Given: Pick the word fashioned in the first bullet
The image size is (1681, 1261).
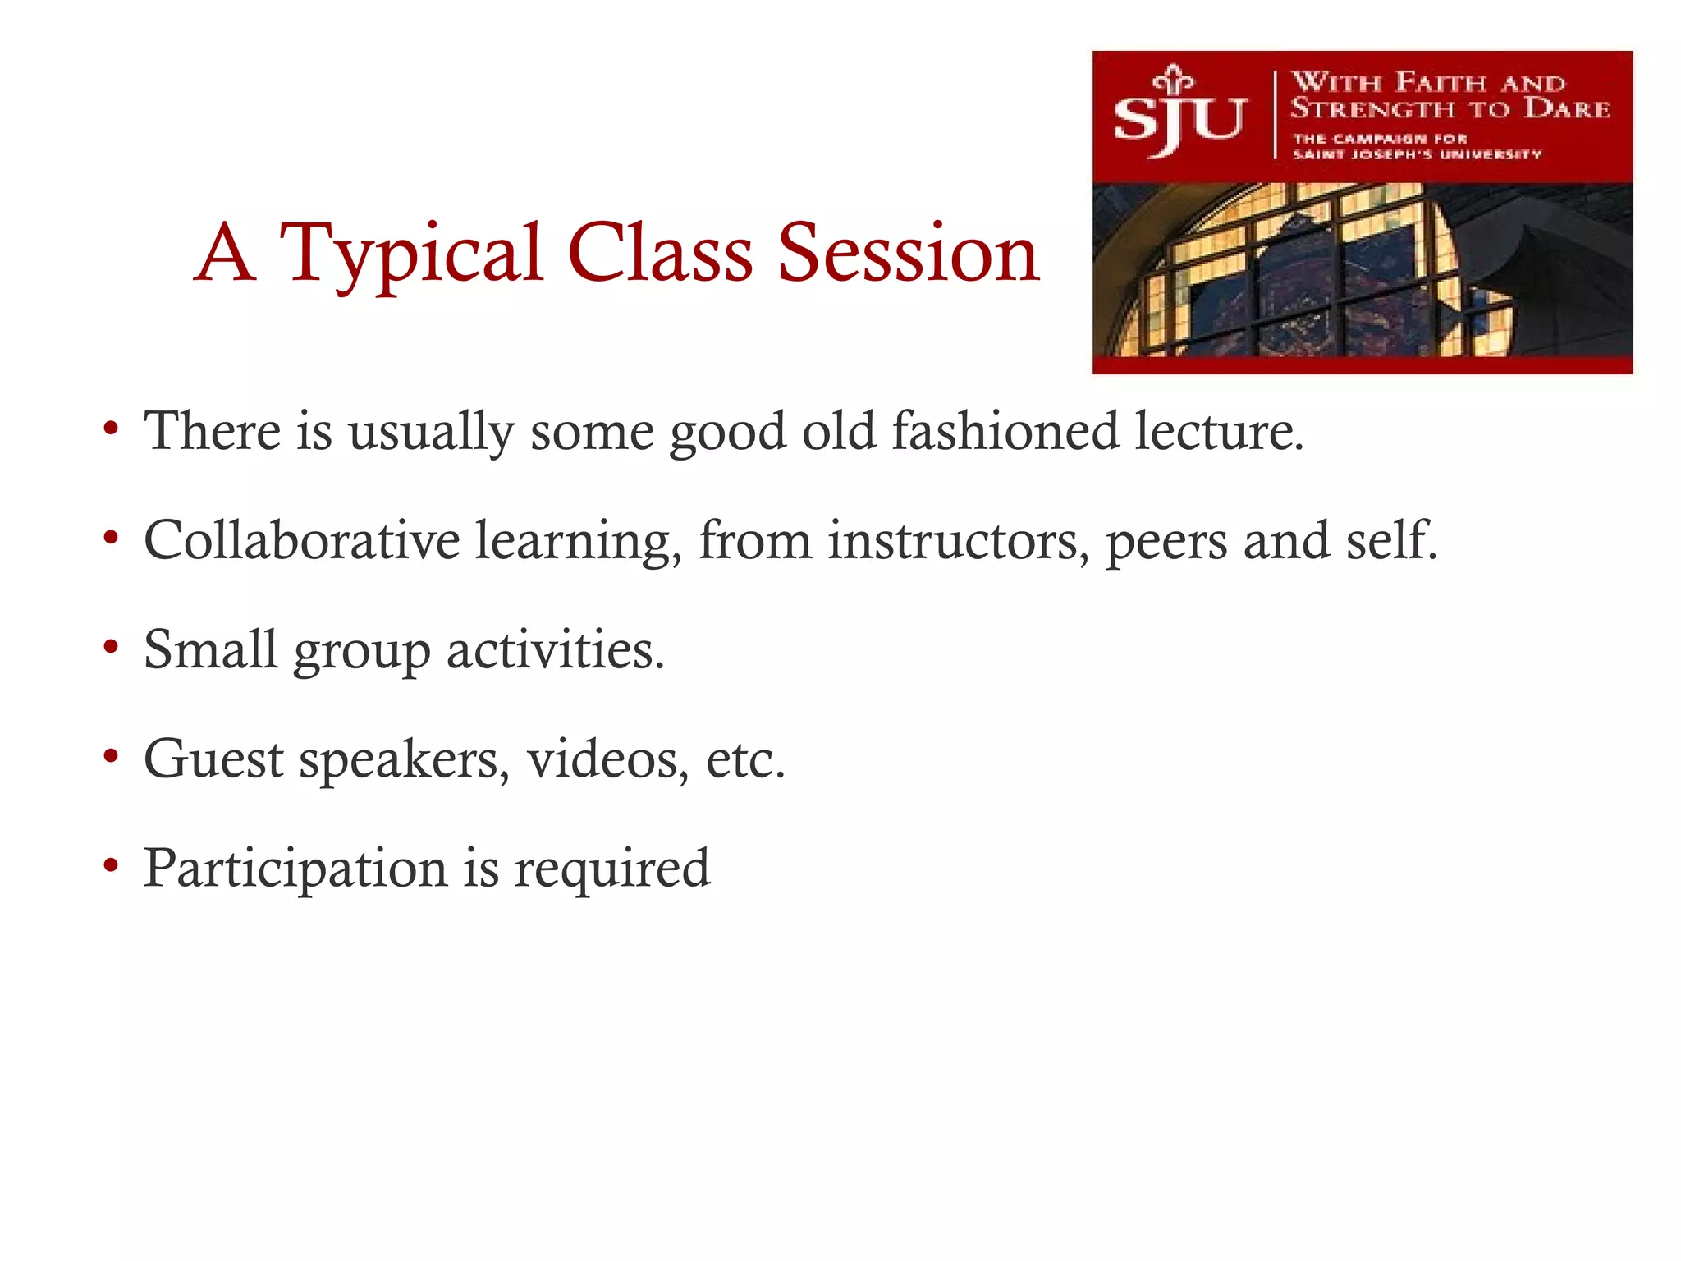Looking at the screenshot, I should (x=1005, y=431).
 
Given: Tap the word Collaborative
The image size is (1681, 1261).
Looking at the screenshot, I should (x=301, y=540).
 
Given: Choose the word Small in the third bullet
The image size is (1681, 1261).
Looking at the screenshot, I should (x=210, y=649).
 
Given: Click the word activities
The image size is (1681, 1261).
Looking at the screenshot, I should (x=555, y=649).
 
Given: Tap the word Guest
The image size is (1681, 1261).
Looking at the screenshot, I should (x=213, y=759).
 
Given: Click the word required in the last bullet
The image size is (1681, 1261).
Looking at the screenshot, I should (x=611, y=869).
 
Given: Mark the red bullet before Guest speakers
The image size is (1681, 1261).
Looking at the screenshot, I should (x=111, y=756).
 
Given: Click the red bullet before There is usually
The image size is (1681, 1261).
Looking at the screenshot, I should (x=111, y=429).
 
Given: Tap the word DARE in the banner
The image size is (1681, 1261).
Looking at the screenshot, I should (x=1566, y=108).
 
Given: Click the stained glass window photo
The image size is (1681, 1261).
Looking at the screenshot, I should (x=1363, y=271).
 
